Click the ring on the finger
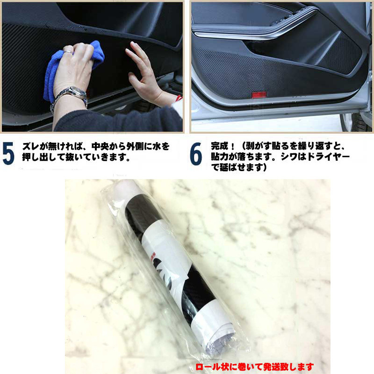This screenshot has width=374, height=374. tap(68, 51)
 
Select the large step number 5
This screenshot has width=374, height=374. tap(8, 153)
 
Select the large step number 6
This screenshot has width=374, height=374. tap(196, 153)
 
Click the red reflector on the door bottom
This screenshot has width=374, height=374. tap(259, 95)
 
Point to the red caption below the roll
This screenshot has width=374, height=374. tap(255, 367)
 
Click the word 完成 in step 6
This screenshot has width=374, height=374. tap(219, 146)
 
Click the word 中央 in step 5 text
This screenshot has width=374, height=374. tap(100, 146)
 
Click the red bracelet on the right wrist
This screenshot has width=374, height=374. tap(179, 98)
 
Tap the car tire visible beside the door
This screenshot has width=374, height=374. tap(357, 122)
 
